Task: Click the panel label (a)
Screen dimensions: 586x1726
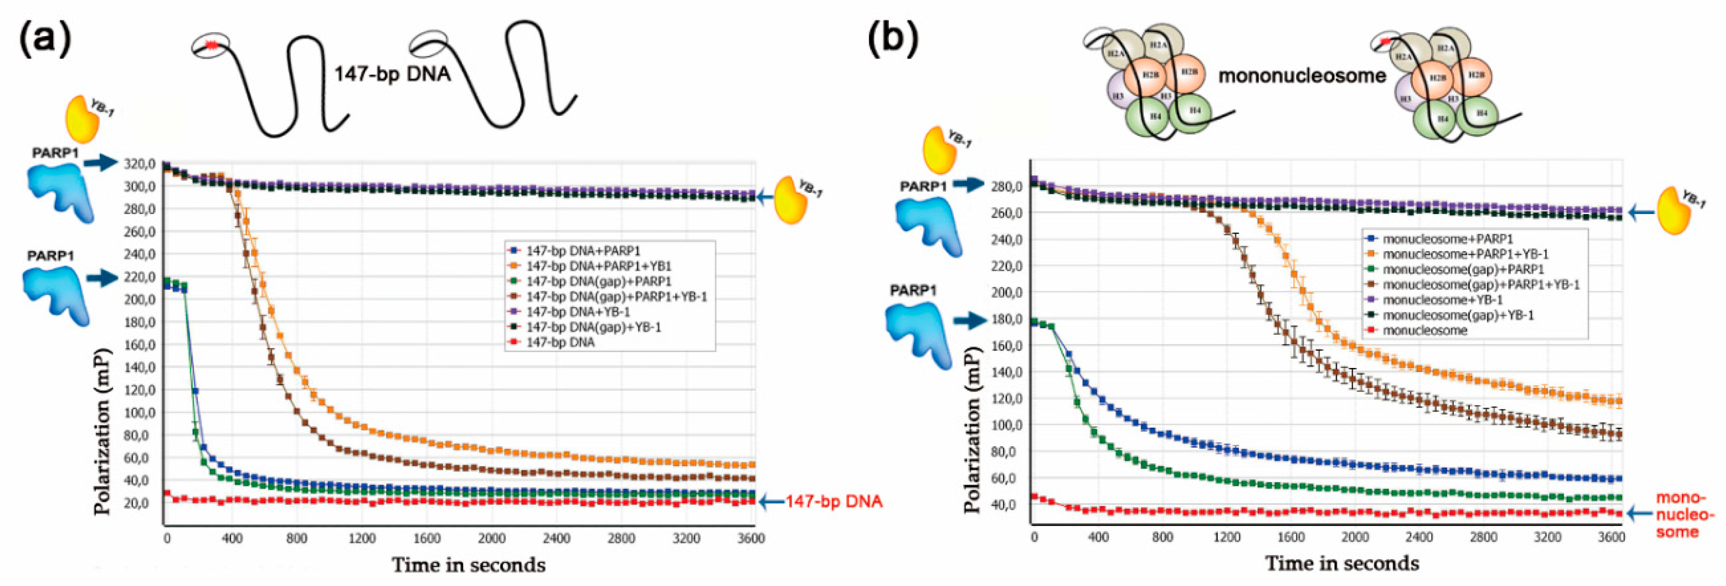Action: click(x=45, y=39)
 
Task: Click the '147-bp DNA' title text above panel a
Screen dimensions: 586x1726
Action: click(x=392, y=73)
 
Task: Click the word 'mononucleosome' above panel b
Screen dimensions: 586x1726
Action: click(x=1301, y=76)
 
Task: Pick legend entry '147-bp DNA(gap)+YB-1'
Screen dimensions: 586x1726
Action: click(x=593, y=327)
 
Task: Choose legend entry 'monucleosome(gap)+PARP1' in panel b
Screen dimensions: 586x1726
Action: click(x=1462, y=269)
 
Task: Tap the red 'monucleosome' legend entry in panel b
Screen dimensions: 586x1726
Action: click(x=1424, y=330)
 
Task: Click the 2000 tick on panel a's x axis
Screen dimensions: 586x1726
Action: click(x=491, y=539)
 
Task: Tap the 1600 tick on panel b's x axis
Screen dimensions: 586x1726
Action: click(x=1291, y=537)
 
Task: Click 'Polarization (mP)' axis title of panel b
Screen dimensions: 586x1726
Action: click(x=973, y=429)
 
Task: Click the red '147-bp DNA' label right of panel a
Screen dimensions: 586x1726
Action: click(x=834, y=501)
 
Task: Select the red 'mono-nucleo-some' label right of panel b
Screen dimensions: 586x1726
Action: click(x=1684, y=515)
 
